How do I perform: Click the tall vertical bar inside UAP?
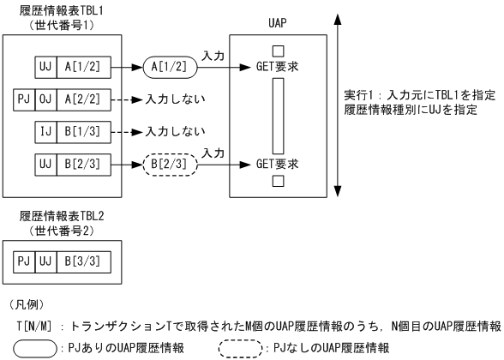(276, 112)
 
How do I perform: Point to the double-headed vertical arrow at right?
(340, 112)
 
